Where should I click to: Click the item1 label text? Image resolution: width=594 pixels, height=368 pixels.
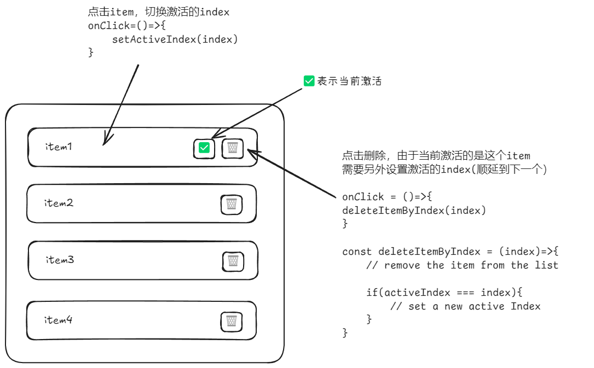tap(59, 147)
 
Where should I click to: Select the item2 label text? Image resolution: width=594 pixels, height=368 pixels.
tap(59, 203)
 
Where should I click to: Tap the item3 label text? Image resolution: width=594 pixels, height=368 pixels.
tap(60, 260)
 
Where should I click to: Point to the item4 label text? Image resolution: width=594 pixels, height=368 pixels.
tap(59, 320)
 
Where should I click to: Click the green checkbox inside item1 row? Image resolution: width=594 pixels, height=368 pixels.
tap(204, 148)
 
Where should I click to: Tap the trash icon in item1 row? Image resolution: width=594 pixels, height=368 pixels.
tap(233, 148)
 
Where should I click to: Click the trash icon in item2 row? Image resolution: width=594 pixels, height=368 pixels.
tap(232, 205)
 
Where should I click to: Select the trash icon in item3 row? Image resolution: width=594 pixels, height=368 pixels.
tap(233, 261)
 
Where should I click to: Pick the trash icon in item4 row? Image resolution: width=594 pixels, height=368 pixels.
tap(232, 321)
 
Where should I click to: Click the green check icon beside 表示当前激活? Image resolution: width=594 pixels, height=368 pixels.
tap(309, 81)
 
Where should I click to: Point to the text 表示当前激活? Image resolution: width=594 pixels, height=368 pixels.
tap(349, 81)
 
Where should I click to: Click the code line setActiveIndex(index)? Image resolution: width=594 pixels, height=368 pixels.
tap(175, 39)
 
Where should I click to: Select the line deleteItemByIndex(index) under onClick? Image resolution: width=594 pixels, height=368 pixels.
tap(414, 210)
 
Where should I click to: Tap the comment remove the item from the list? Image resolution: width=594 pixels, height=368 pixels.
tap(463, 265)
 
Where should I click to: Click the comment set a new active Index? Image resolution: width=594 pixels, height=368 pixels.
tap(465, 306)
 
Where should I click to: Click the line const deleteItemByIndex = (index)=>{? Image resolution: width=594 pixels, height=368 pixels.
tap(450, 252)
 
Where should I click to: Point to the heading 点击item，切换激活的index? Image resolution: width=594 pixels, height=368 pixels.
tap(158, 13)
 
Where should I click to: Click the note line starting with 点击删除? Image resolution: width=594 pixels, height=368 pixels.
tap(436, 156)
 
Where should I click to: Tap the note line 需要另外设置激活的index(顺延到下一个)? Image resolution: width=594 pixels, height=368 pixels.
tap(445, 170)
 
